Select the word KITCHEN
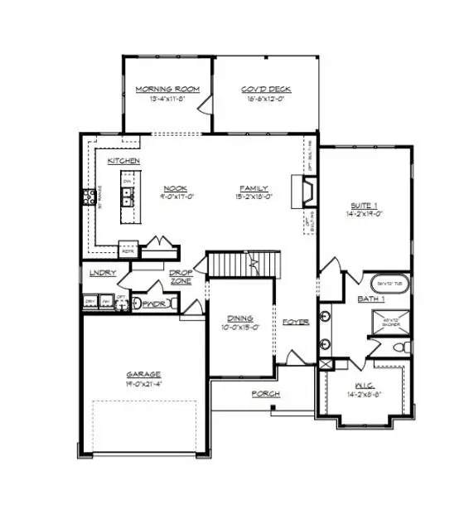click(x=123, y=159)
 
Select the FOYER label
click(x=294, y=322)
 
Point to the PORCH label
click(x=267, y=393)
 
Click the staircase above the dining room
click(x=240, y=265)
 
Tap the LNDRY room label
click(x=103, y=272)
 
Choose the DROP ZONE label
click(x=181, y=276)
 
